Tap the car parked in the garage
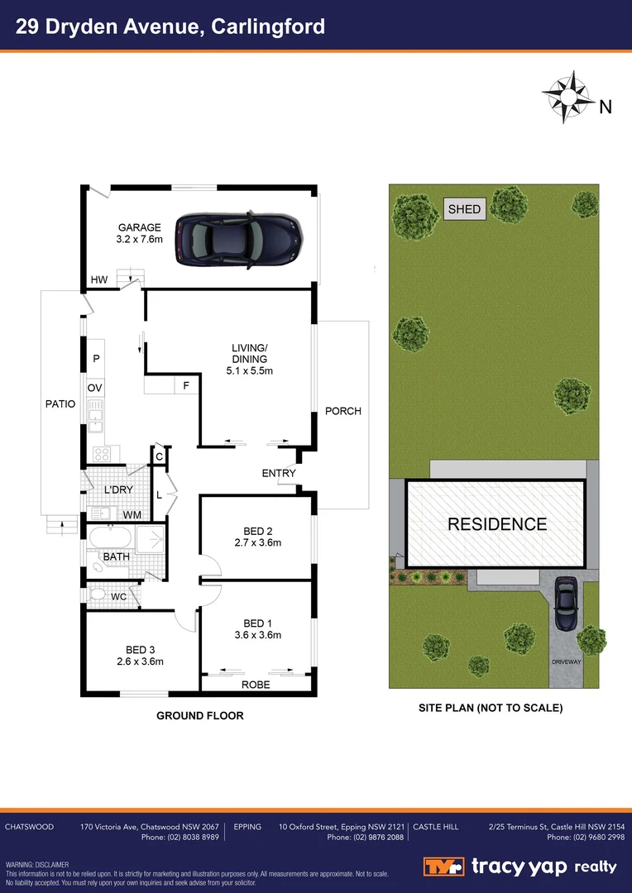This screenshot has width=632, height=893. point(237,239)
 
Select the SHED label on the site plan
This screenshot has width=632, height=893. point(464,209)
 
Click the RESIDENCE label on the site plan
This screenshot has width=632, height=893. point(497,524)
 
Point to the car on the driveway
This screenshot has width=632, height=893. point(566,600)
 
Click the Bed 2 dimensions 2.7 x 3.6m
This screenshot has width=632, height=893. point(258,543)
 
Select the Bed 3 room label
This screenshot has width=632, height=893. point(140,650)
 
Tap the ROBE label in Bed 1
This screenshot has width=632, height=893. point(256,685)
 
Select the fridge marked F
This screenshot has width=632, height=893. point(186,385)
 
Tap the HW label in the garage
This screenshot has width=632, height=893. point(100,279)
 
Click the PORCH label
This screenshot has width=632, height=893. point(342,411)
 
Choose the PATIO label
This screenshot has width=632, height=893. point(60,404)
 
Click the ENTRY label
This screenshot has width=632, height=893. point(279,473)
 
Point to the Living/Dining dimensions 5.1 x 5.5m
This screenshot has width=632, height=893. point(249,371)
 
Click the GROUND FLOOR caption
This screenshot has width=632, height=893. point(200,715)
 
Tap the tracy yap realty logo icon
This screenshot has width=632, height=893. point(443,867)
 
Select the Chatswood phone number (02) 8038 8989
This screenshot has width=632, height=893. point(180,838)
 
